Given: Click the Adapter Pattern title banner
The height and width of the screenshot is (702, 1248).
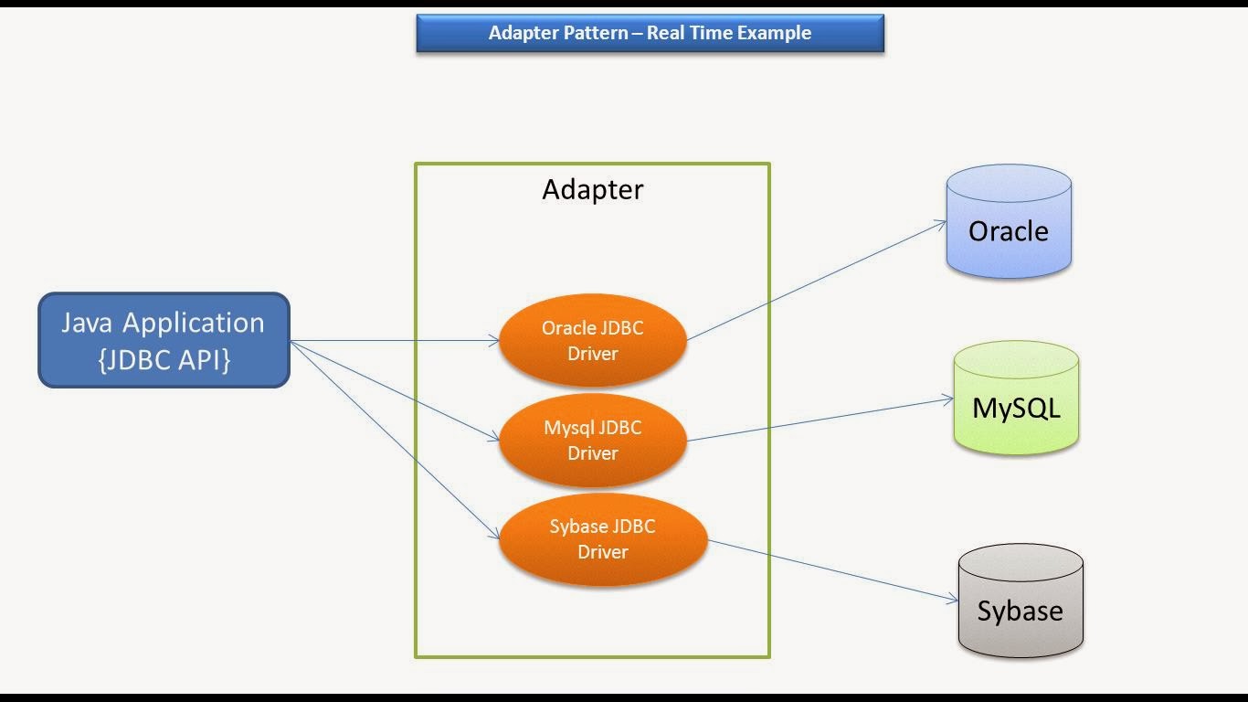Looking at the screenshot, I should pos(650,33).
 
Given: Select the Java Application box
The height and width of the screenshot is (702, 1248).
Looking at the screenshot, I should pos(164,340).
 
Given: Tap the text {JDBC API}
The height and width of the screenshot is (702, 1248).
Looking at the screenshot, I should pos(164,359).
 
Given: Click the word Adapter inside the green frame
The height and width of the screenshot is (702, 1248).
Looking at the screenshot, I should pos(592,189).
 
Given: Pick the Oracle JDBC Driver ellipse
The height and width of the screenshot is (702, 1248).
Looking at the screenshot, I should pos(593,340).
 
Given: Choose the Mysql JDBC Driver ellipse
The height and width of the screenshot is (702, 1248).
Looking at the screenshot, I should pos(593,440).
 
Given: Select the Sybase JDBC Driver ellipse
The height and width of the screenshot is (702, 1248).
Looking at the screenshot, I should pos(602,538).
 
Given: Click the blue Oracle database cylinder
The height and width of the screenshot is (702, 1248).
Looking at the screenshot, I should pos(1009,224).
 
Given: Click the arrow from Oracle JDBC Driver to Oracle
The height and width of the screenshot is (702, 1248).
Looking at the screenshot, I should pos(816,280).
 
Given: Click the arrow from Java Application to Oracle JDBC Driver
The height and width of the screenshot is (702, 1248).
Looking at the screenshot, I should pos(393,341).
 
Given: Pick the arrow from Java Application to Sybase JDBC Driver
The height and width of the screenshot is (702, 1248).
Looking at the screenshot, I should pos(394,439).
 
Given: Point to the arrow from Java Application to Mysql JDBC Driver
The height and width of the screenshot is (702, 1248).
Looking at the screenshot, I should pos(394,390).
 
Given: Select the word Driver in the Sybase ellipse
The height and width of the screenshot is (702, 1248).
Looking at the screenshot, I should pos(602,552).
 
